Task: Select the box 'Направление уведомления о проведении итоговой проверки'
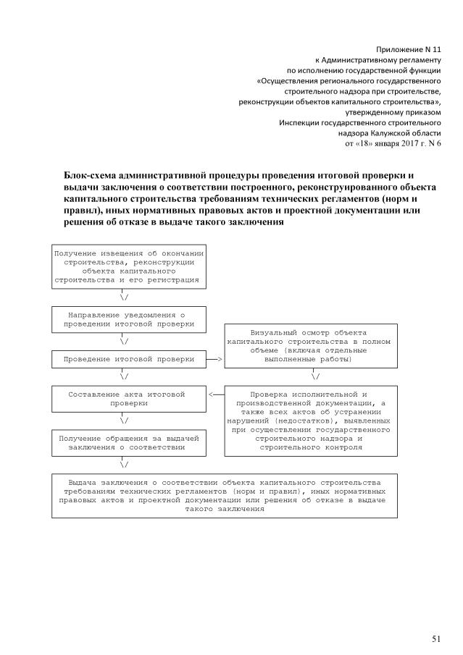[128, 319]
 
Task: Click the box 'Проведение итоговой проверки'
[128, 358]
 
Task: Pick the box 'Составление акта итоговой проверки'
[128, 398]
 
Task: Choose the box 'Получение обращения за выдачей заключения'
[128, 442]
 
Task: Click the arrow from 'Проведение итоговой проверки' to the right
[214, 358]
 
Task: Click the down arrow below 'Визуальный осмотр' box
[315, 376]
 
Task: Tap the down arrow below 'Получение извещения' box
[125, 297]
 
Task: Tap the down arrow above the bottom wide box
[125, 464]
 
